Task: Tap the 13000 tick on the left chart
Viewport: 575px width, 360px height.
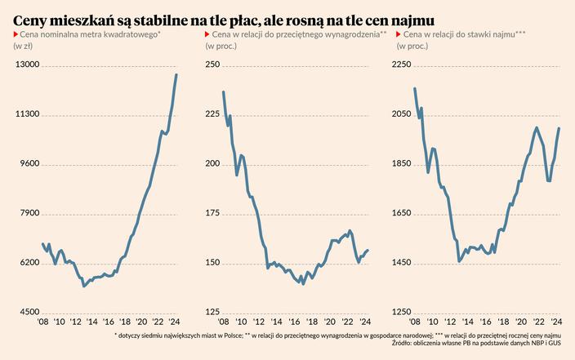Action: coord(28,65)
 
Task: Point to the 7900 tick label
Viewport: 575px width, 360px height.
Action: coord(28,214)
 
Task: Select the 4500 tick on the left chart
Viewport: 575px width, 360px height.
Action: coord(28,313)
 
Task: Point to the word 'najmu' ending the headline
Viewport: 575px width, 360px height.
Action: coord(413,16)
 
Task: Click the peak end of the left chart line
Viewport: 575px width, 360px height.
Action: coord(176,75)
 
